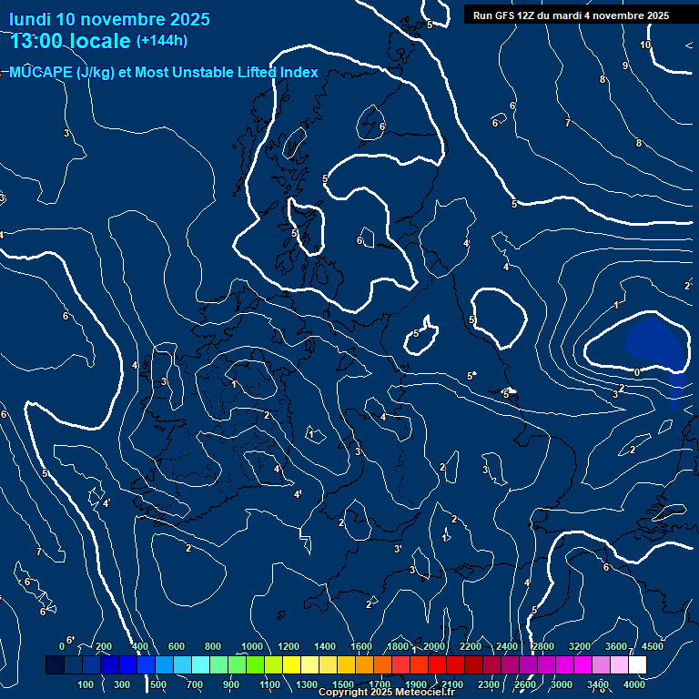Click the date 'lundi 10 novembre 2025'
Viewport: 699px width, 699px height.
point(109,19)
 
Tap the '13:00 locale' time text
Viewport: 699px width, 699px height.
point(70,41)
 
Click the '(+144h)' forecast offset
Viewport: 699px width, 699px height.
point(161,41)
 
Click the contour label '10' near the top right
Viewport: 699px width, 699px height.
point(645,45)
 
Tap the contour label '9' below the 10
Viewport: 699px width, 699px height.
point(624,66)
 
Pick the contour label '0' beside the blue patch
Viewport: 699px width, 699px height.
point(636,372)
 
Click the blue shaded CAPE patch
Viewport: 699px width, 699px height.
point(653,341)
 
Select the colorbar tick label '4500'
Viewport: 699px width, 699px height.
point(653,646)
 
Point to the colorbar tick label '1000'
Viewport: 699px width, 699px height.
point(252,646)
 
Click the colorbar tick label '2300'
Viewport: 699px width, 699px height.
point(489,684)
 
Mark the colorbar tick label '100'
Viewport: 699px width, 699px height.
point(86,684)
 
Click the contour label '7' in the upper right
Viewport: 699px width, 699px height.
point(567,122)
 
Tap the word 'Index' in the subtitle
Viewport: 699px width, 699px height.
point(296,73)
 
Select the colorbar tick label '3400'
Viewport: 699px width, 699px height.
point(598,684)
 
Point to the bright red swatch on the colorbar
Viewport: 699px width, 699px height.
point(437,665)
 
